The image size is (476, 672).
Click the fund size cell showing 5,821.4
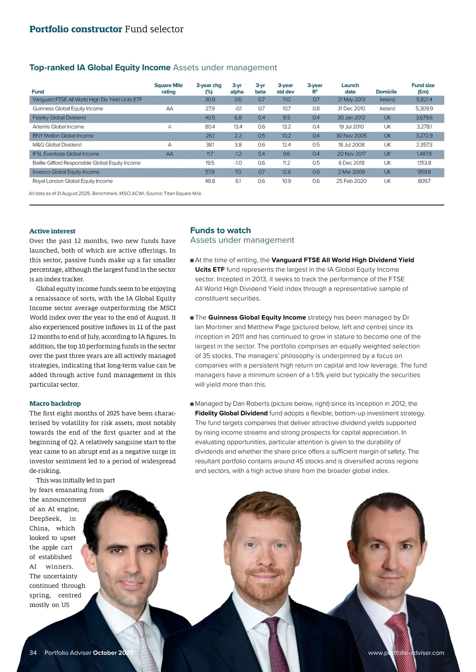[x=424, y=99]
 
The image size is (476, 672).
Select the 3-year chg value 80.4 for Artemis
[x=210, y=127]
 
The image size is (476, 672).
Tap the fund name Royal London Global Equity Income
[x=73, y=181]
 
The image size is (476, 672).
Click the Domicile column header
[x=386, y=92]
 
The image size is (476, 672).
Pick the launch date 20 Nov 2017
[x=351, y=154]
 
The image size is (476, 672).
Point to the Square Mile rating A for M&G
[x=169, y=145]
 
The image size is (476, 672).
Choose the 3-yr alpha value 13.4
[x=238, y=127]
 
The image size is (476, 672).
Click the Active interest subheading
[x=52, y=231]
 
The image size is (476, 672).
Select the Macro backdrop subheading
[x=55, y=403]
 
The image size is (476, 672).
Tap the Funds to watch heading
[x=221, y=230]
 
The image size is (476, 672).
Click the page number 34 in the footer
[x=33, y=653]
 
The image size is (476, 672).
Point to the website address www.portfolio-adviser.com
[x=406, y=653]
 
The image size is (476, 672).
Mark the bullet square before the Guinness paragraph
[x=192, y=318]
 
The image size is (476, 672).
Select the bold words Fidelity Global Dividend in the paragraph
[x=231, y=413]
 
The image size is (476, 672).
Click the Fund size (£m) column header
[x=423, y=88]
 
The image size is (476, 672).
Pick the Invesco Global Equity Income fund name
[x=66, y=172]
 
